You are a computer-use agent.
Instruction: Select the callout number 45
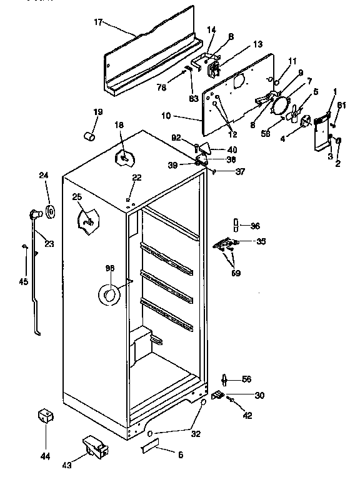coord(23,281)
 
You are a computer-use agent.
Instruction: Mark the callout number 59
coord(235,273)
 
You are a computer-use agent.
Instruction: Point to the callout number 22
coord(137,178)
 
